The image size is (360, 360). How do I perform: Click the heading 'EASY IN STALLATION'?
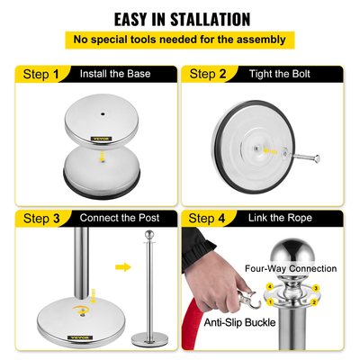tap(180, 18)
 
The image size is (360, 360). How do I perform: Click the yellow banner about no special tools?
tap(180, 40)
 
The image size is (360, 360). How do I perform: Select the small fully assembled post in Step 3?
tap(148, 292)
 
